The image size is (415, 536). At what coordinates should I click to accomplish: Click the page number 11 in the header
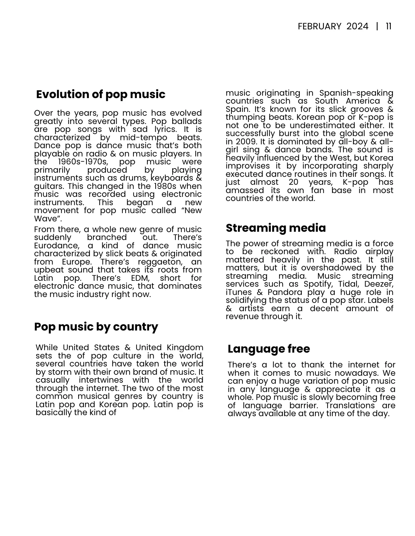point(388,27)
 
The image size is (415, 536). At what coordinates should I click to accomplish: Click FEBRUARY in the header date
point(319,27)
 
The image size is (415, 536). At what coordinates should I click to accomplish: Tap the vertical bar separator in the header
point(377,27)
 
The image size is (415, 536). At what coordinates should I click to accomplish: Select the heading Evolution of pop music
point(101,94)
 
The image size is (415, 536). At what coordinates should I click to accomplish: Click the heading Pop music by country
point(96,327)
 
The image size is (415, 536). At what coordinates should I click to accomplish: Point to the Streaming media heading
point(276,228)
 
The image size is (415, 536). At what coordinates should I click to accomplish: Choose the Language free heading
point(269,349)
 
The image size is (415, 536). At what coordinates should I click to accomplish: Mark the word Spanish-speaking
point(356,93)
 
